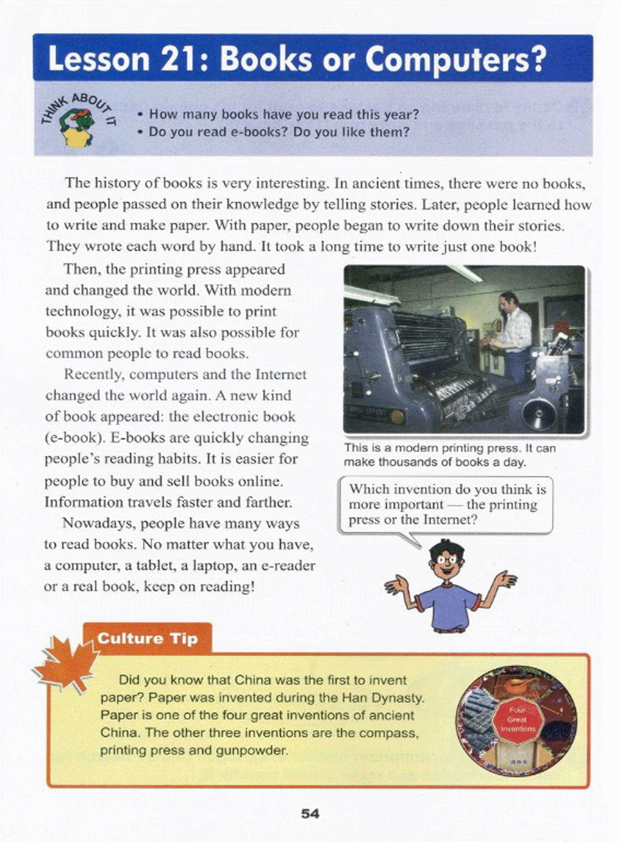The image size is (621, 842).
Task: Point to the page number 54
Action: (x=310, y=814)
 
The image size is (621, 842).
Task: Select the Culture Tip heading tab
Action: (x=147, y=638)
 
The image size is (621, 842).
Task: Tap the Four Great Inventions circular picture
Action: (x=517, y=721)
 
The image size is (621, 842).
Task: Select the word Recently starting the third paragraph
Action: (x=94, y=374)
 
